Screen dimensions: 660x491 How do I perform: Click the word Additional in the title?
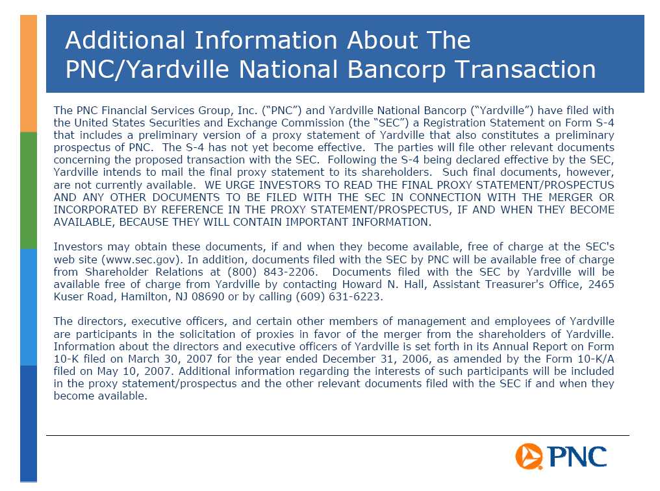[x=125, y=40]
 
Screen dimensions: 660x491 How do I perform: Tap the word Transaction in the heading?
[x=526, y=69]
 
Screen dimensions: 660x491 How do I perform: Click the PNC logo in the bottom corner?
[x=561, y=456]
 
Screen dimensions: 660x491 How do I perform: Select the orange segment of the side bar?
[x=29, y=73]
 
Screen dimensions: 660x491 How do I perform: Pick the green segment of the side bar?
[x=29, y=191]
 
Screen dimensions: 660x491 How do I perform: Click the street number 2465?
[x=601, y=284]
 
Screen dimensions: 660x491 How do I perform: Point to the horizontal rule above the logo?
[x=338, y=435]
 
